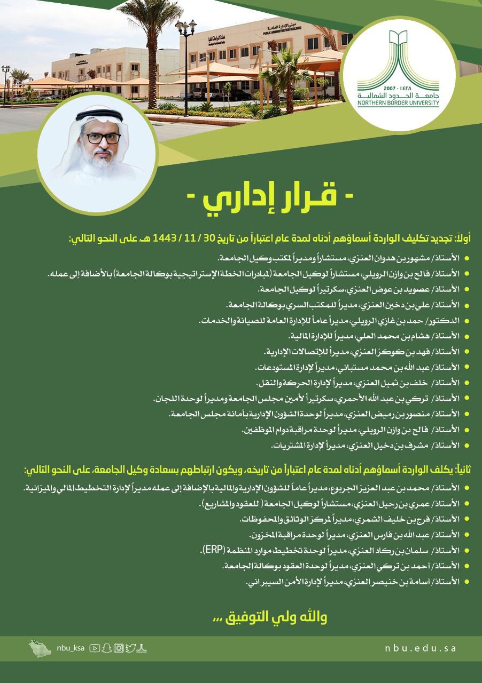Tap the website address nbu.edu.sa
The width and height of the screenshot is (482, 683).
tap(421, 648)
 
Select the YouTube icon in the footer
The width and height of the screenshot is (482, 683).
tap(95, 648)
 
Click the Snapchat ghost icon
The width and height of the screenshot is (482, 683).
tap(106, 648)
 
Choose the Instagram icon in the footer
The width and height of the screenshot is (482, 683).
tap(119, 648)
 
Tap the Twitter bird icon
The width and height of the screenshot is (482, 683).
tap(130, 648)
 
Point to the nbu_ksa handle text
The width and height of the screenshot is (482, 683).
tap(71, 648)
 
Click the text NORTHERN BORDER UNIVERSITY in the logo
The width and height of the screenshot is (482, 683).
tap(399, 104)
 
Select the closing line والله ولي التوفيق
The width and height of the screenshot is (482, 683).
tap(270, 617)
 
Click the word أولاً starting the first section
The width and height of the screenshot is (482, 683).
tap(462, 240)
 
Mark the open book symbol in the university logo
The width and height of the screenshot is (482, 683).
tap(399, 39)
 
